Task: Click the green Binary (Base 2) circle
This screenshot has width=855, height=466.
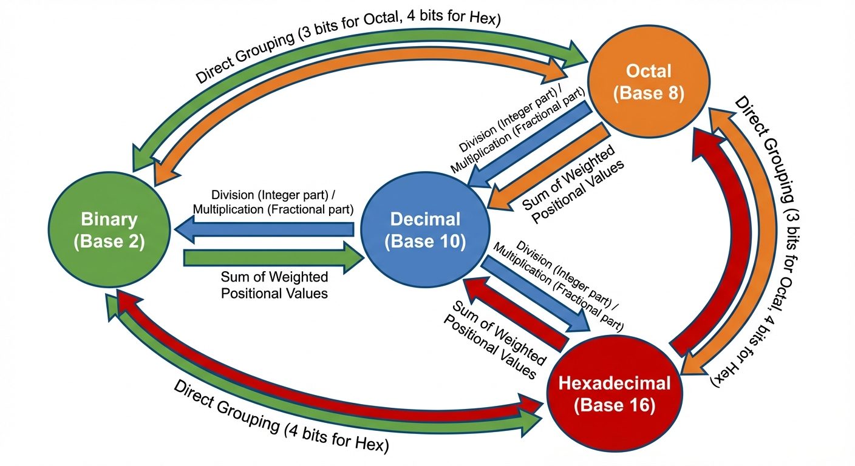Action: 109,230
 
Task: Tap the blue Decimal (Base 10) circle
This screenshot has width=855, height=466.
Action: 425,230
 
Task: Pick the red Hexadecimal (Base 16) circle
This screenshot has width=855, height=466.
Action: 615,394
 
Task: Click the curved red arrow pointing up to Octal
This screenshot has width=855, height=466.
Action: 704,243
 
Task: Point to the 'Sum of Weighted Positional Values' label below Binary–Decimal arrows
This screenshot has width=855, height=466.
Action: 274,285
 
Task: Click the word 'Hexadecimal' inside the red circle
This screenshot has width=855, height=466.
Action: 615,383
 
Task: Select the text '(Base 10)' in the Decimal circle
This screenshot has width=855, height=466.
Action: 425,241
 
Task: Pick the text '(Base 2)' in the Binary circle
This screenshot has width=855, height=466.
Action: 109,241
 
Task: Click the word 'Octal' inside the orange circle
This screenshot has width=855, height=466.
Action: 649,71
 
